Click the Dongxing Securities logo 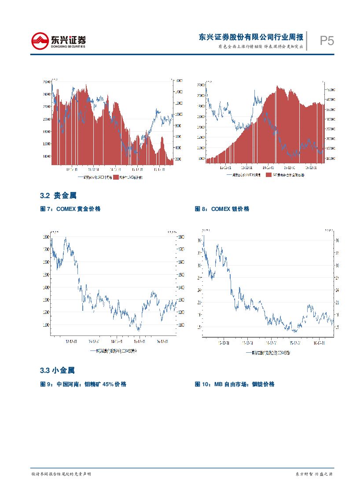[58, 41]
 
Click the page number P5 [327, 41]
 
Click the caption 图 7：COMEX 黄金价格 [70, 209]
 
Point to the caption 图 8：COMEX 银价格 [222, 209]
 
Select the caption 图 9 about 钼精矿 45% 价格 [83, 384]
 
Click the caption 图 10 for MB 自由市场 [235, 384]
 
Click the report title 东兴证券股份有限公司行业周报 [251, 37]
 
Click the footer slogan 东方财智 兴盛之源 [313, 474]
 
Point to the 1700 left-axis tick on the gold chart [47, 250]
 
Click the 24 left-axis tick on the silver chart [199, 291]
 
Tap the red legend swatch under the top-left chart [116, 177]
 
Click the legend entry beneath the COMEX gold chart [113, 351]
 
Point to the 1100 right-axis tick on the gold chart [181, 325]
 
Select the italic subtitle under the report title [261, 47]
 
